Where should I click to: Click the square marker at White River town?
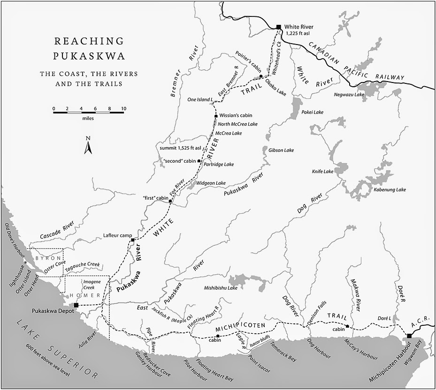coord(279,27)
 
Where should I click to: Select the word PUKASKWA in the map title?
coord(89,57)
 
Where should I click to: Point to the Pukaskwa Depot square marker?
coord(76,305)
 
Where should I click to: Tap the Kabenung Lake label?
coord(390,190)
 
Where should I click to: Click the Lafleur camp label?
coord(117,235)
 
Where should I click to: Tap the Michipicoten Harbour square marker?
coord(409,336)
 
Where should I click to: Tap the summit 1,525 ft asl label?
coord(181,148)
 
